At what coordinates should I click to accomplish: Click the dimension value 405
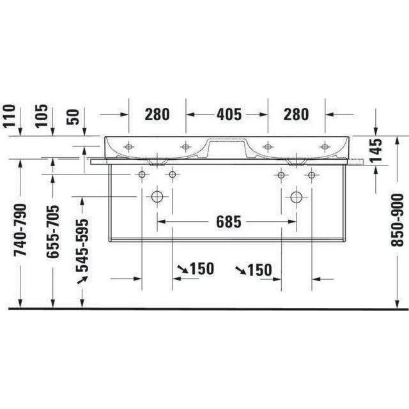[228, 114]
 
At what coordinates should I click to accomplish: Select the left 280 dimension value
[157, 114]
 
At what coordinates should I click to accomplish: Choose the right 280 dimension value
[296, 114]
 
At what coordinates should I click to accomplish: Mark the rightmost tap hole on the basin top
[325, 147]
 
